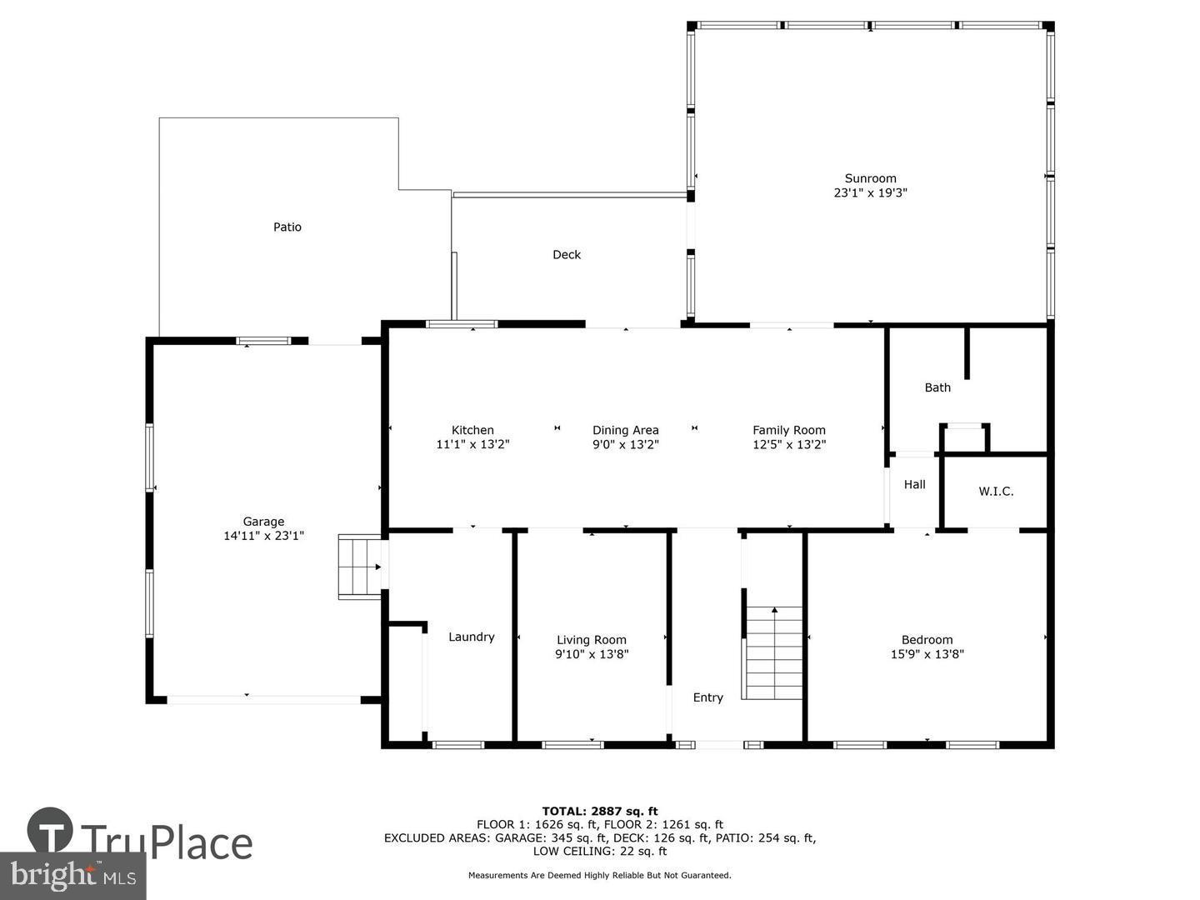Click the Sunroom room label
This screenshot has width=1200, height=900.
coord(870,178)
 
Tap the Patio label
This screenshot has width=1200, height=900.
coord(287,227)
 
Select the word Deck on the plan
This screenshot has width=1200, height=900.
coord(567,255)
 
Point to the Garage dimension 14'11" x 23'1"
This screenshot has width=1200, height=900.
coord(263,537)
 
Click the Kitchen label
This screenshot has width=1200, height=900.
coord(472,430)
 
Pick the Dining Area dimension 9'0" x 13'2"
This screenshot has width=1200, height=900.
coord(625,445)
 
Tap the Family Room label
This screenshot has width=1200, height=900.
coord(788,430)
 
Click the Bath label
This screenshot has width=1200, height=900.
coord(937,387)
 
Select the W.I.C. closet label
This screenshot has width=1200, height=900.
coord(996,492)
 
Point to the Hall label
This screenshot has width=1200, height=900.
coord(914,484)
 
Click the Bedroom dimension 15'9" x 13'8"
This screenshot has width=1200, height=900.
coord(927,655)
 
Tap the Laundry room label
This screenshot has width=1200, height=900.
coord(472,637)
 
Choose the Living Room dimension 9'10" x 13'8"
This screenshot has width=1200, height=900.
coord(592,655)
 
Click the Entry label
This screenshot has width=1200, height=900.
coord(708,697)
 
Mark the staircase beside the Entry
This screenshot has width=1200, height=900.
coord(773,653)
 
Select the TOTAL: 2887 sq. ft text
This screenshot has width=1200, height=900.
coord(599,811)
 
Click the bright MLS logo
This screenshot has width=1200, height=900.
coord(73,876)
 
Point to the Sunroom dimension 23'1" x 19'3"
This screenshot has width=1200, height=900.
coord(870,193)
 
